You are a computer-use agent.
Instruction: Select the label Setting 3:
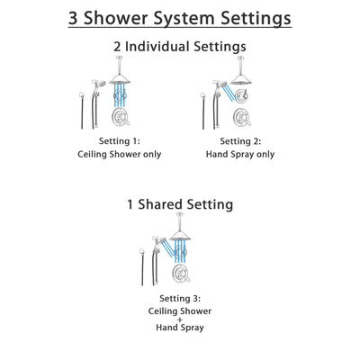pyautogui.click(x=180, y=299)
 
